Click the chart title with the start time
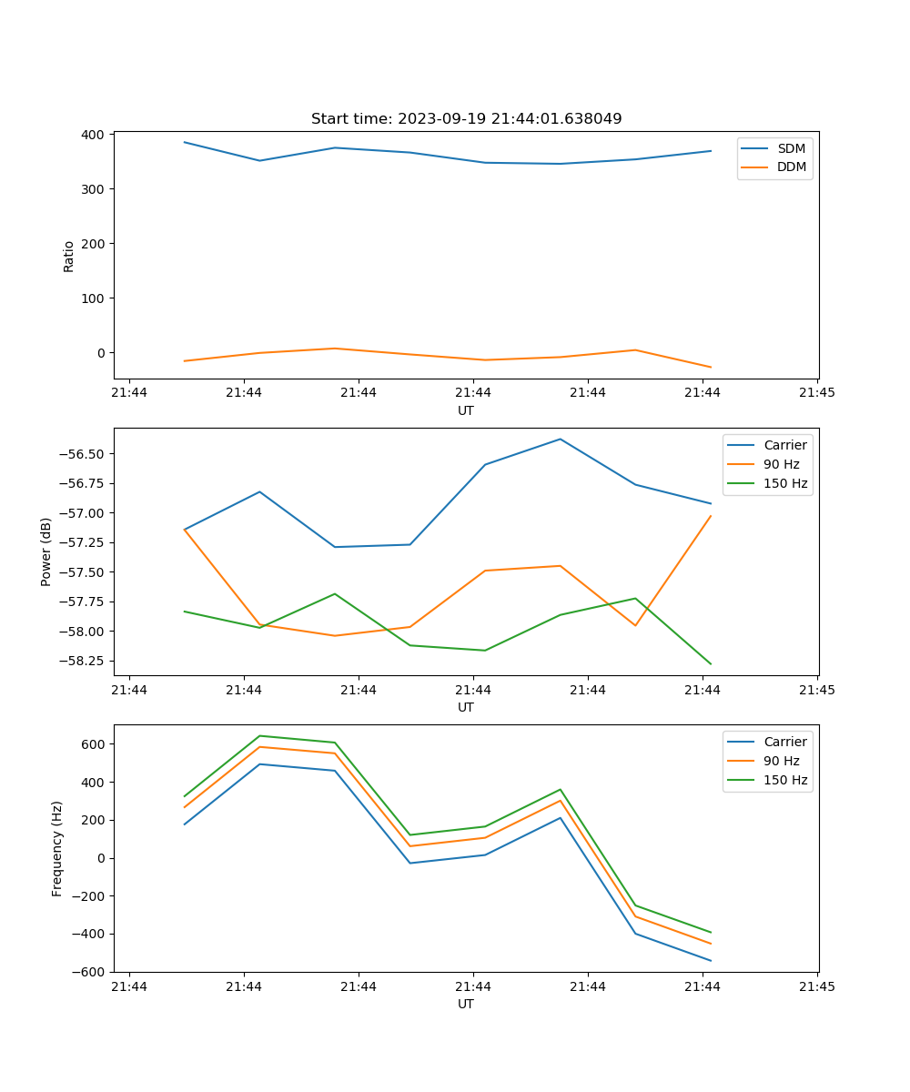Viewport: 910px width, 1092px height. tap(466, 119)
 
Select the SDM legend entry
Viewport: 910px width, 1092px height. tap(791, 148)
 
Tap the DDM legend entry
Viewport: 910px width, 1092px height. tap(791, 167)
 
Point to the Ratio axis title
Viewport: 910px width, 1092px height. tap(69, 256)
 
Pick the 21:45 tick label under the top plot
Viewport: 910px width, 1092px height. tap(816, 393)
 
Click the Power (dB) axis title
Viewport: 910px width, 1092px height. tap(46, 551)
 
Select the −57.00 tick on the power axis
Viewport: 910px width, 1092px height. tap(82, 513)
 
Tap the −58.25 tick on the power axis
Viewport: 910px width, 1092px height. tap(82, 661)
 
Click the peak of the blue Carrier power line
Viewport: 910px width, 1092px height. tap(560, 440)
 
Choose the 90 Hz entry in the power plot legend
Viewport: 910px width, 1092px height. tap(781, 464)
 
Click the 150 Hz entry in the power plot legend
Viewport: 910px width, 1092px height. tap(785, 483)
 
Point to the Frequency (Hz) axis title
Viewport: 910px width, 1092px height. tap(57, 848)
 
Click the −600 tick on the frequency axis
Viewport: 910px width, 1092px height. tap(89, 972)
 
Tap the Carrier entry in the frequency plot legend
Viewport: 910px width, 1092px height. tap(784, 742)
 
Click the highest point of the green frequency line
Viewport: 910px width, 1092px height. tap(260, 736)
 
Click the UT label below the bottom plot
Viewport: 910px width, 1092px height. tap(466, 1004)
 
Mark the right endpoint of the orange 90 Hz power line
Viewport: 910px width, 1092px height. tap(711, 516)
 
